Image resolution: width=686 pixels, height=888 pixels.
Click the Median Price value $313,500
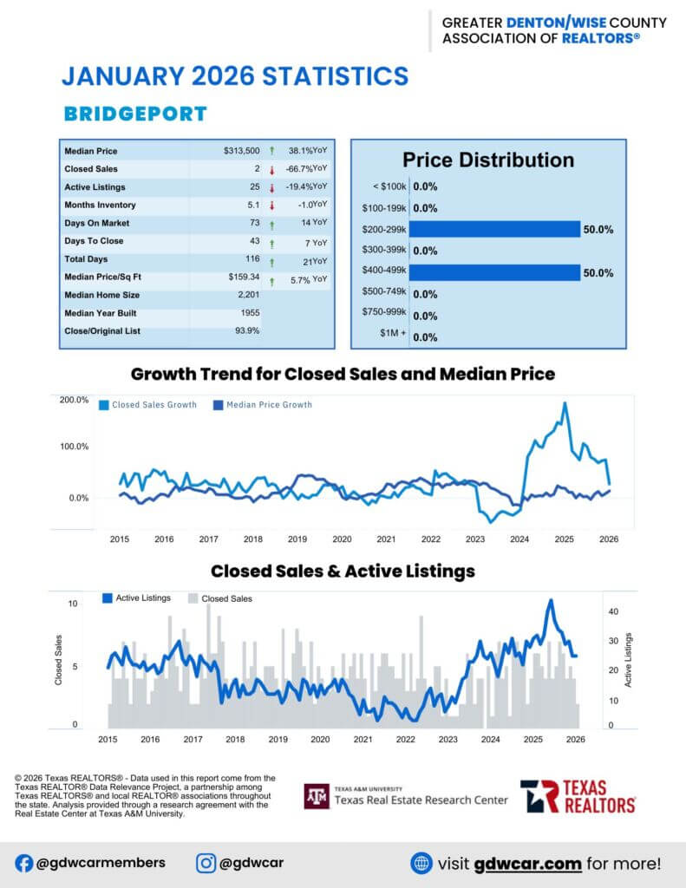tap(241, 151)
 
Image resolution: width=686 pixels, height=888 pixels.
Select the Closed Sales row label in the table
tap(91, 169)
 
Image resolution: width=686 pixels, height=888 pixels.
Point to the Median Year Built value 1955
tap(249, 313)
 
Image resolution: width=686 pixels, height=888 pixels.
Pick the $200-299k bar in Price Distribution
tap(494, 229)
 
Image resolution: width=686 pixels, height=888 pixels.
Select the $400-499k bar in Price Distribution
tap(494, 272)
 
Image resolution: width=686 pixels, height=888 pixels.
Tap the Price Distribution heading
tap(488, 160)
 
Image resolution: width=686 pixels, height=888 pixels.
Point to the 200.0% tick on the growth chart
tap(74, 400)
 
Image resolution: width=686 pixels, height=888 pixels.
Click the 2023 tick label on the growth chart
tap(475, 539)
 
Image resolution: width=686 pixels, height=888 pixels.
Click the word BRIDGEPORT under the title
tap(135, 114)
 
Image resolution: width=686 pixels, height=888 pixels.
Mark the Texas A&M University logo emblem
tap(316, 795)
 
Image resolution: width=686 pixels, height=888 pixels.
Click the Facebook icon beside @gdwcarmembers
tap(23, 863)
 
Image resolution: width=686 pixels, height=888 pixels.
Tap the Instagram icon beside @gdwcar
tap(206, 863)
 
